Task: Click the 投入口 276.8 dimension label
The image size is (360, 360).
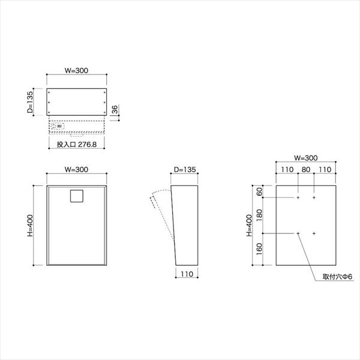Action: pyautogui.click(x=77, y=145)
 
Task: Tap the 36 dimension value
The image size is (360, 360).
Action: pyautogui.click(x=115, y=109)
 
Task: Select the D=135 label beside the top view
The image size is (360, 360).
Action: pyautogui.click(x=30, y=102)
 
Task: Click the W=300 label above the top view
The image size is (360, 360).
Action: pyautogui.click(x=76, y=70)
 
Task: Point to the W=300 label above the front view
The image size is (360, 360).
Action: pyautogui.click(x=76, y=169)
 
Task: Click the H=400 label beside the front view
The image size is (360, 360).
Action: pyautogui.click(x=30, y=226)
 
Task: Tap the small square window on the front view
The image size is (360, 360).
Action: pyautogui.click(x=77, y=196)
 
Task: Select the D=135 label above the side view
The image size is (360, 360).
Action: pyautogui.click(x=185, y=169)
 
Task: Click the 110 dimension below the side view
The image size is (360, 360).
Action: pyautogui.click(x=187, y=274)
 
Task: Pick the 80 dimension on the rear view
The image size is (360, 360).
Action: pyautogui.click(x=306, y=169)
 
